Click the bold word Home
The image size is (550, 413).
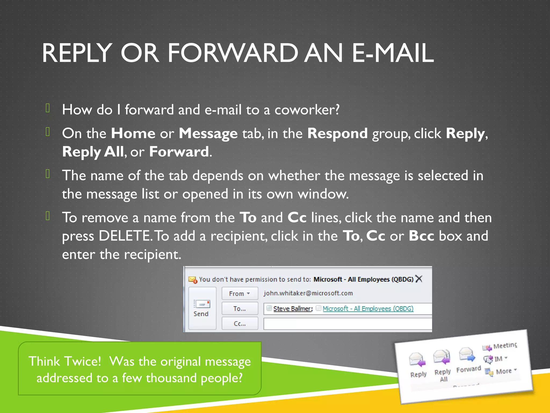133,133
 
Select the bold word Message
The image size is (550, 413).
208,134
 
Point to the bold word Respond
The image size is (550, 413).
337,133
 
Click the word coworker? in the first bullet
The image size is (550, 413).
307,110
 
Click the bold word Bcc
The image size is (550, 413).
421,236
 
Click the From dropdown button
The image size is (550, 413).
240,293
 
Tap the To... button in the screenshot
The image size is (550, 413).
240,308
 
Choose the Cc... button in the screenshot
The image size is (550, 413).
240,323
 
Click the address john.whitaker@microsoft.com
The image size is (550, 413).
308,293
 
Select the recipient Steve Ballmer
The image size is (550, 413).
292,309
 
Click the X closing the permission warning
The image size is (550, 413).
419,279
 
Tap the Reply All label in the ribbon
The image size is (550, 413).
443,375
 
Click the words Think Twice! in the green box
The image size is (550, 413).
65,361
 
